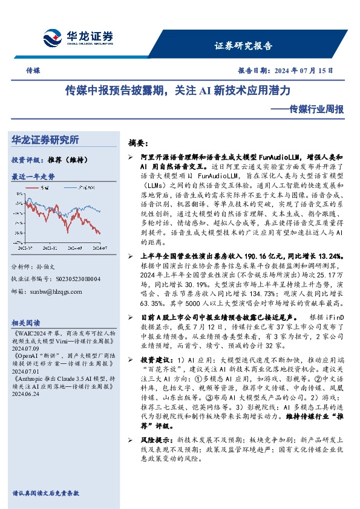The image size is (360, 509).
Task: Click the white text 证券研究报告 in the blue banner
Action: [x=244, y=45]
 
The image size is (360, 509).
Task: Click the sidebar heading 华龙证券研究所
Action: [x=45, y=140]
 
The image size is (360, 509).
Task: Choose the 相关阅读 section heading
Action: [x=27, y=323]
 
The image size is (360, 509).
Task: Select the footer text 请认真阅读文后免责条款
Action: [x=46, y=493]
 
